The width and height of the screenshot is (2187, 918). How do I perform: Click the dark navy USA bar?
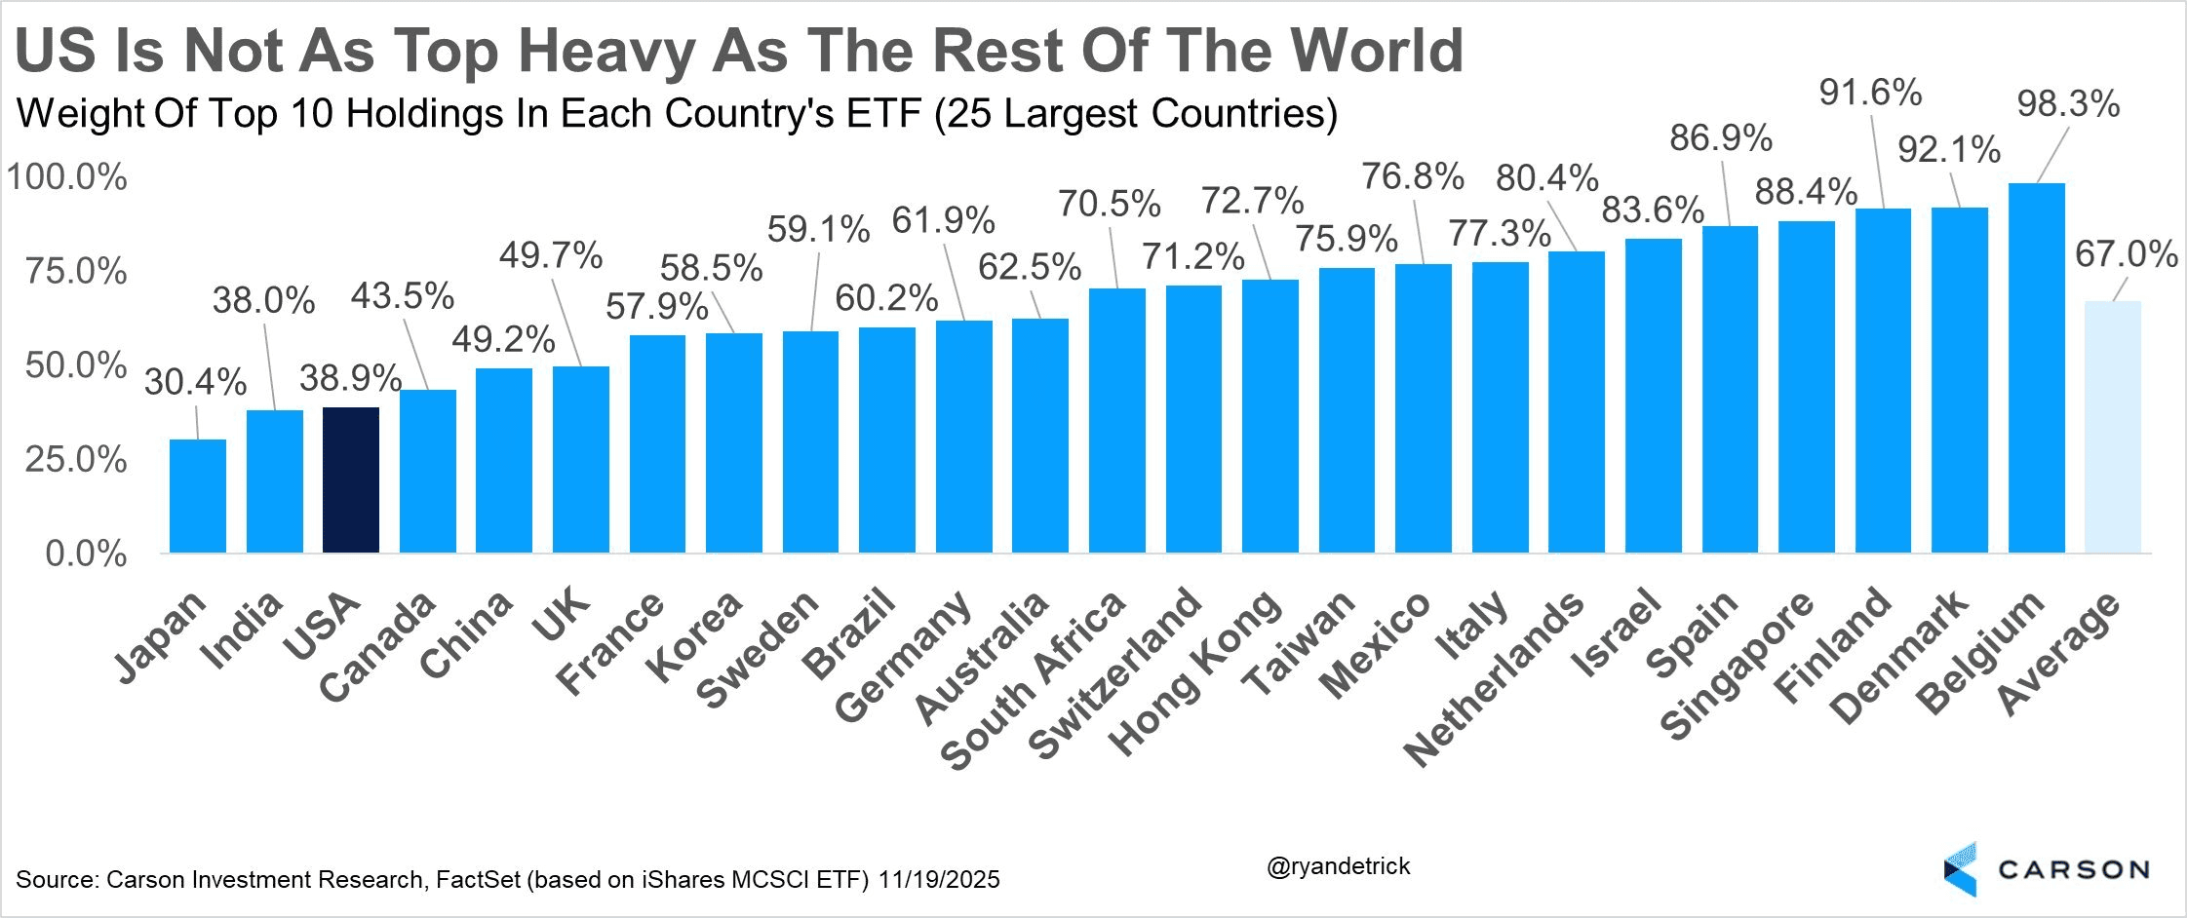click(351, 479)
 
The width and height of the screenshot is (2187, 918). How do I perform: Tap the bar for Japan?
click(198, 496)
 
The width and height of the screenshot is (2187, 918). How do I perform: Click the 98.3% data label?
click(2068, 103)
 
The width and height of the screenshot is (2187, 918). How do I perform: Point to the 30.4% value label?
click(195, 381)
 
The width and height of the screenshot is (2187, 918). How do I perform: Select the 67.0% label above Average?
click(2126, 254)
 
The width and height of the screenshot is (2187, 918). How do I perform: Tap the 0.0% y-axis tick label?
click(86, 554)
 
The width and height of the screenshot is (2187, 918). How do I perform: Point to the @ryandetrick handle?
click(1338, 866)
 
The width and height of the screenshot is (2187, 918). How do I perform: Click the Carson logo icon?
click(1961, 869)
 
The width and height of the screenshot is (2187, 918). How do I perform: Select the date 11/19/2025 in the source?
click(939, 880)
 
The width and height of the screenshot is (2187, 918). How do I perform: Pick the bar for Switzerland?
click(1193, 419)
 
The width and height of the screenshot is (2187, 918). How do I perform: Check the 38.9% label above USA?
click(350, 378)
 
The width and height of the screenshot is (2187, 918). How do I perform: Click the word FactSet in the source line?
click(478, 880)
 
